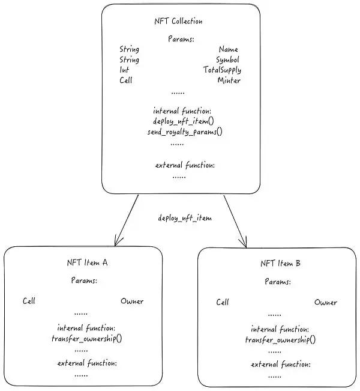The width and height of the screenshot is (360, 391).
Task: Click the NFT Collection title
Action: tap(178, 22)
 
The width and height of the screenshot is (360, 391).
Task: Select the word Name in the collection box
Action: tap(229, 49)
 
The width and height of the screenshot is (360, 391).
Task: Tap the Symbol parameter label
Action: tap(227, 59)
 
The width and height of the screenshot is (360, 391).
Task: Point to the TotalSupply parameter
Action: tap(222, 70)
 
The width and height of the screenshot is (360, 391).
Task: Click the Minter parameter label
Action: tap(229, 80)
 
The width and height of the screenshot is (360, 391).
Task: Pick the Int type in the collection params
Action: tap(124, 70)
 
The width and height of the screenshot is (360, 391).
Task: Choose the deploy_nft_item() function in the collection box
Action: tap(178, 121)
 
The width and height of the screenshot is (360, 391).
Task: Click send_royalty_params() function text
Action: tap(185, 132)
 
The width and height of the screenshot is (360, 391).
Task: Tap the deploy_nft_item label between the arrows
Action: tap(185, 218)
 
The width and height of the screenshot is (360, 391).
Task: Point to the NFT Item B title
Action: tap(281, 263)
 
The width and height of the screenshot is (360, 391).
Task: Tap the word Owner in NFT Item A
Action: tap(132, 301)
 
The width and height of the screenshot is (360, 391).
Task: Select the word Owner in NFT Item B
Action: tap(326, 302)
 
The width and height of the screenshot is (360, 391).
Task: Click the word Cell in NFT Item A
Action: tap(29, 301)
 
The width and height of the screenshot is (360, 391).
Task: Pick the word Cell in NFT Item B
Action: tap(223, 302)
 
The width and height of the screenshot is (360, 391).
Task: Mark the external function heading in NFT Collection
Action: tap(185, 165)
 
